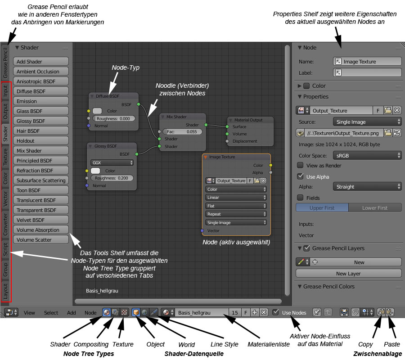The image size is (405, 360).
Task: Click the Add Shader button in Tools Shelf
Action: (x=41, y=62)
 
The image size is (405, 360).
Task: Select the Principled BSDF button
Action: (x=41, y=161)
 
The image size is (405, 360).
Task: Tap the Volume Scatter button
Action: (x=41, y=240)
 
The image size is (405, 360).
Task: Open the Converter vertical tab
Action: (x=6, y=225)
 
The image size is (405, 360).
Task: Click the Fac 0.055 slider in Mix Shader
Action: (x=182, y=132)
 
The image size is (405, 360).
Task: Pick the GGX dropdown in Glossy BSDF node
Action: (x=112, y=162)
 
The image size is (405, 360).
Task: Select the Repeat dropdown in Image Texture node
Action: (x=236, y=214)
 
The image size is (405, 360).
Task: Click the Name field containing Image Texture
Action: (x=367, y=62)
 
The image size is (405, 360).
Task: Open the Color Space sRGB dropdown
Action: (x=367, y=155)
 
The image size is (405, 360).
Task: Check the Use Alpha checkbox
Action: (x=301, y=176)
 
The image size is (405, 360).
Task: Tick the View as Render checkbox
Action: (x=301, y=166)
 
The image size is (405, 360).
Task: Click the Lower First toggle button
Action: (x=374, y=208)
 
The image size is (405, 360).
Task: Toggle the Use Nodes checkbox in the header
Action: (x=275, y=312)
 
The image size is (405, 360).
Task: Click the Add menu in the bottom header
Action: (x=72, y=313)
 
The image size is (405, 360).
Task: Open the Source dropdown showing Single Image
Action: (x=367, y=122)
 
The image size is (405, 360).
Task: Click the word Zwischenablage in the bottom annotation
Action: (x=378, y=354)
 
